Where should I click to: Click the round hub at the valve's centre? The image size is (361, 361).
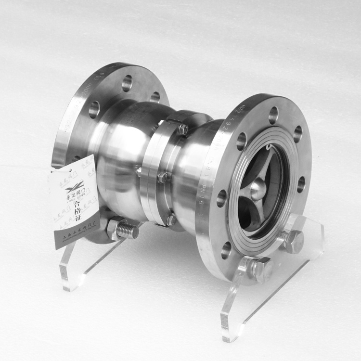pyautogui.click(x=258, y=189)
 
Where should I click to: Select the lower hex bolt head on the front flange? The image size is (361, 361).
pyautogui.click(x=262, y=270)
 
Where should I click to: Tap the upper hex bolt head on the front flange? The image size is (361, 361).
pyautogui.click(x=294, y=241)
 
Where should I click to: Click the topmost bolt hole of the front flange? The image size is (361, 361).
pyautogui.click(x=273, y=115)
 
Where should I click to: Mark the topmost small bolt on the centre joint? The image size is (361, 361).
pyautogui.click(x=183, y=129)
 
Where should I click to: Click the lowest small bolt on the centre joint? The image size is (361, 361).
pyautogui.click(x=171, y=220)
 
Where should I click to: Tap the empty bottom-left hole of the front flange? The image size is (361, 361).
pyautogui.click(x=226, y=250)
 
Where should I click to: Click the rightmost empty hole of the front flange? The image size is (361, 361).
pyautogui.click(x=301, y=184)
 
